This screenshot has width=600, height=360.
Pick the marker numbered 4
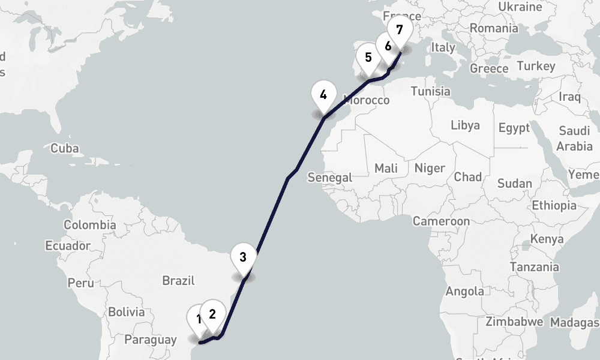[x=323, y=95]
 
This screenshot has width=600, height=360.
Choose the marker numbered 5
[x=368, y=58]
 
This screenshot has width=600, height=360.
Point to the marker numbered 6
[x=388, y=46]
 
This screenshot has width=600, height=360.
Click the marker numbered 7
[x=400, y=29]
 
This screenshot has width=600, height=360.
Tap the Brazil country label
[x=179, y=280]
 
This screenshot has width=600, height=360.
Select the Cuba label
[x=65, y=148]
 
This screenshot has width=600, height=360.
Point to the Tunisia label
[x=430, y=91]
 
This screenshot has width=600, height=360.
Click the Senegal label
[x=329, y=177]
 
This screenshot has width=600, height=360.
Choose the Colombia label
[x=90, y=225]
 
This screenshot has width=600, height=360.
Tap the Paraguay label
[x=150, y=340]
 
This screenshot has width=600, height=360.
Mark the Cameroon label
[x=441, y=221]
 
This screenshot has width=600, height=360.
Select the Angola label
[x=465, y=292]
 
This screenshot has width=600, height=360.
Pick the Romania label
[x=494, y=28]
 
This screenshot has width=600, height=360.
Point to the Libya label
[x=465, y=125]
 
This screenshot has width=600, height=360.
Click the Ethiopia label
[x=554, y=205]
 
